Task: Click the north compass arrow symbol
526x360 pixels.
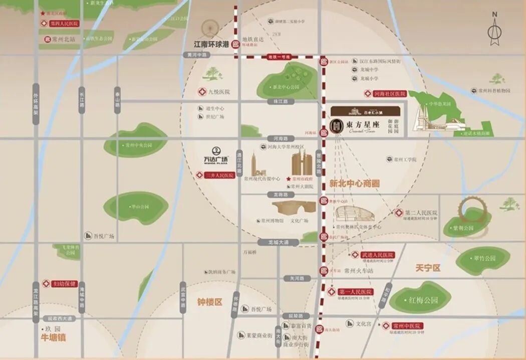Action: coord(494,31)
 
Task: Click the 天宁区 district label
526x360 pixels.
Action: coord(428,268)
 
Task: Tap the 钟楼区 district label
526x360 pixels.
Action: coord(209,302)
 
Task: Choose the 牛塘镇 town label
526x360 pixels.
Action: coord(53,337)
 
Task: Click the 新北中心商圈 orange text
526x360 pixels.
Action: coord(354,184)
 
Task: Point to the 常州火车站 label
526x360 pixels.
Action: coord(359,271)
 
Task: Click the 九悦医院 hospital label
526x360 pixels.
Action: coord(218,92)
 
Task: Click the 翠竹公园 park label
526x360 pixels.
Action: coord(484,258)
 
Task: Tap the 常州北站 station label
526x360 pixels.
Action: coord(63,39)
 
